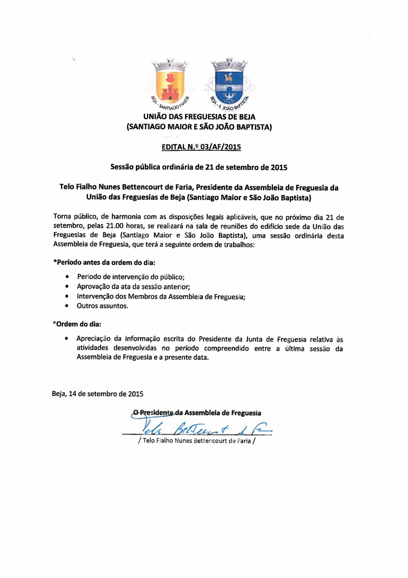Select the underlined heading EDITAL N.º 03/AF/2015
pyautogui.click(x=201, y=147)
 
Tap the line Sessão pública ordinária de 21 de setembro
pyautogui.click(x=199, y=167)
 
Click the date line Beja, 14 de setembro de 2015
pyautogui.click(x=98, y=394)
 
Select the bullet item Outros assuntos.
pyautogui.click(x=102, y=306)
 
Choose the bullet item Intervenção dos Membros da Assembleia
pyautogui.click(x=161, y=296)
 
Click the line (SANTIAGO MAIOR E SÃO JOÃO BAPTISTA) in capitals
pyautogui.click(x=200, y=127)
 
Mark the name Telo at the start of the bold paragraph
pyautogui.click(x=68, y=188)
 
